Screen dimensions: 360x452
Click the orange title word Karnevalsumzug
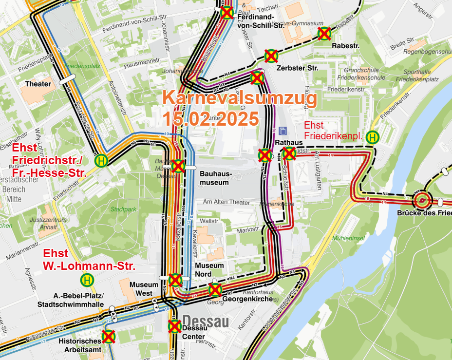pos(240,98)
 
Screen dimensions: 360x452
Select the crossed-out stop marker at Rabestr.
pos(324,33)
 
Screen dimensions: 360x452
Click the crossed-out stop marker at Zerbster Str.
pos(271,56)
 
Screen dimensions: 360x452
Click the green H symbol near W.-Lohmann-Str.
pos(87,280)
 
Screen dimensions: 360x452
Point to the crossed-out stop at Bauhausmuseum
pos(178,166)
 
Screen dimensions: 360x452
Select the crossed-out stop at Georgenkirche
pos(215,289)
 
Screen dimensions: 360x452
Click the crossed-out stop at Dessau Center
pos(175,326)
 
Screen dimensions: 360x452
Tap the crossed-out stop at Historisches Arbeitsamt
pos(108,336)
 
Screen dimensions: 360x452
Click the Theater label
pos(38,84)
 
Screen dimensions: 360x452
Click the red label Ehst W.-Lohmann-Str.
pos(89,260)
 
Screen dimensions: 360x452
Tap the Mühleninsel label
pos(348,238)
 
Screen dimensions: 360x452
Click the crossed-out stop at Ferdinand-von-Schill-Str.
pos(226,13)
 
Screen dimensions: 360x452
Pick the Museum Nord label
pos(209,269)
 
